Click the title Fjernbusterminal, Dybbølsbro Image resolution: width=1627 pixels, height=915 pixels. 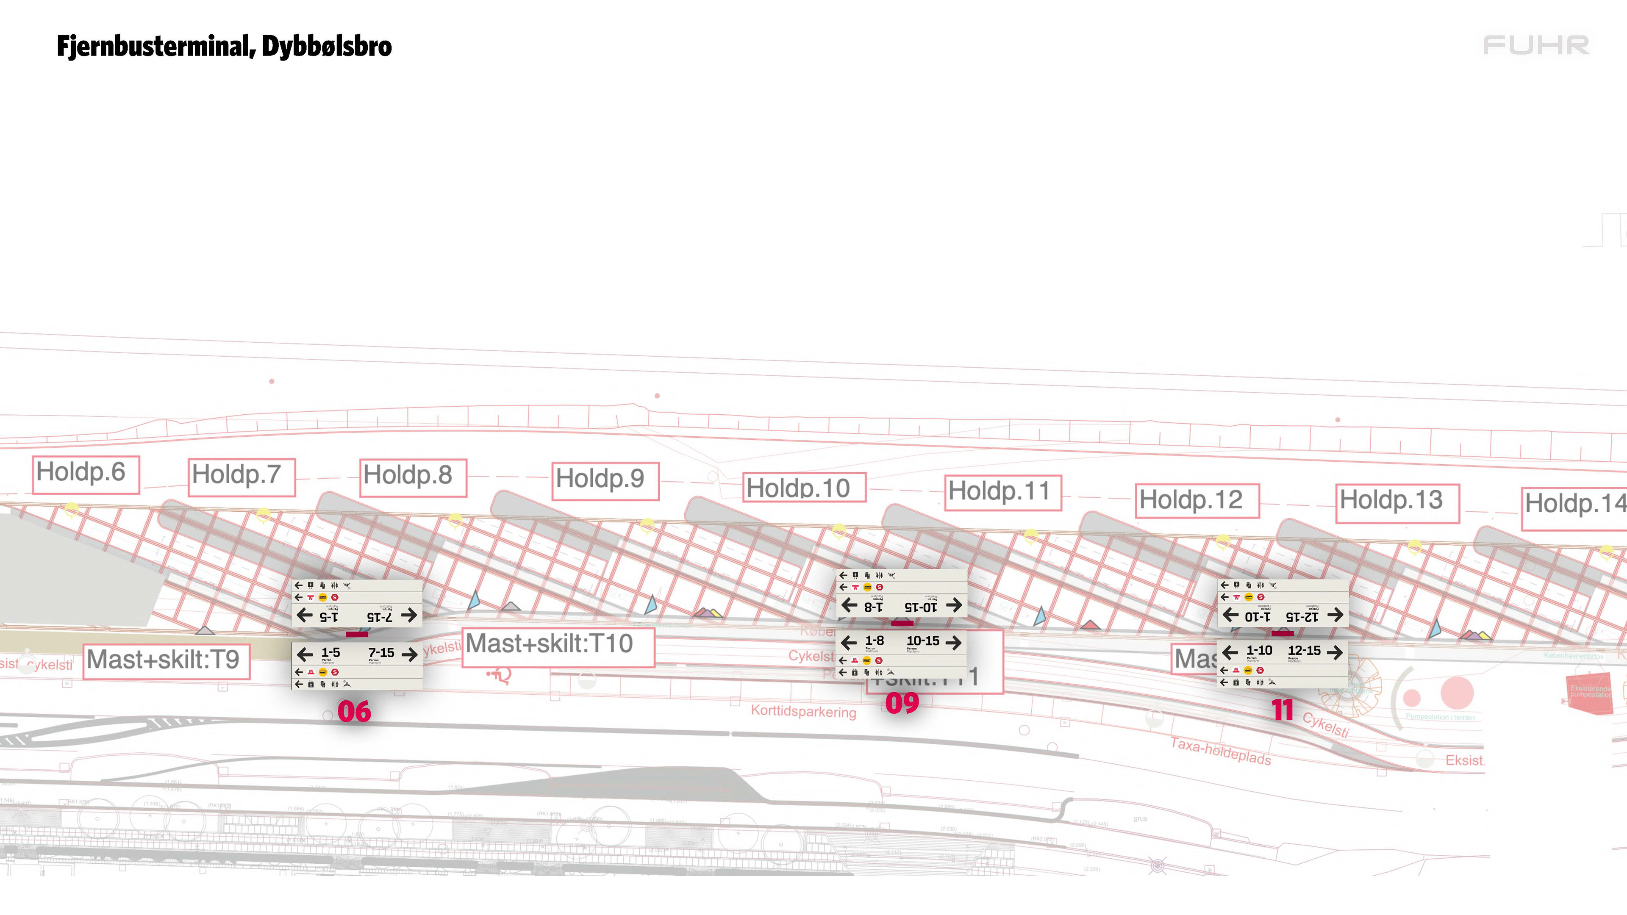[224, 46]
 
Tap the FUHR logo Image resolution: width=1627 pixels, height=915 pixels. [1535, 45]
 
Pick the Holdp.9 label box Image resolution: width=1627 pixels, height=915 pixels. [605, 480]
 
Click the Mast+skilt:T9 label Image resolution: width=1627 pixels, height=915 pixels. [166, 660]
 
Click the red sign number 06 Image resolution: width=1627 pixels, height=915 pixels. [354, 712]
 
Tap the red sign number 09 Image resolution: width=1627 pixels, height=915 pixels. [902, 703]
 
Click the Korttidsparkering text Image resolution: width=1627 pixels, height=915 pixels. [803, 712]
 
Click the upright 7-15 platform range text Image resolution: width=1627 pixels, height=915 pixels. [381, 653]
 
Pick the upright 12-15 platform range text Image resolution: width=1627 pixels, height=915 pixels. [1304, 650]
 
